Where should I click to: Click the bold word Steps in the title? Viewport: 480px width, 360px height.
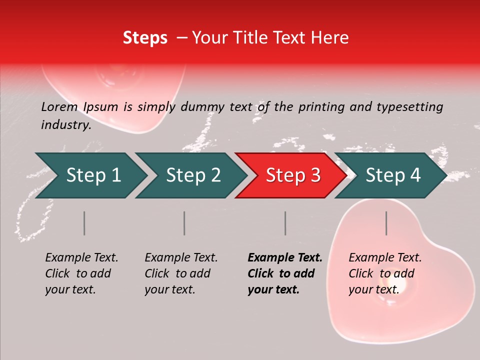coord(145,38)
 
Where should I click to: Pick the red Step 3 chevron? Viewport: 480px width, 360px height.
coord(292,175)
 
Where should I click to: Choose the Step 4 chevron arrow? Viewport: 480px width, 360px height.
coord(392,175)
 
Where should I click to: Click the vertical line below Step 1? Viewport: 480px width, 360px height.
coord(84,223)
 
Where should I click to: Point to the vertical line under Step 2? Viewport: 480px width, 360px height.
coord(184,223)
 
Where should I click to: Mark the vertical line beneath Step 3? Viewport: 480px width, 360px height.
coord(285,223)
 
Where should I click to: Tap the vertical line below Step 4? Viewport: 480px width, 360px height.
coord(386,223)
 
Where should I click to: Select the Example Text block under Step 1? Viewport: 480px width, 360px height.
coord(81,273)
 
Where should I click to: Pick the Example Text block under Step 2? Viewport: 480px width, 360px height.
coord(181,273)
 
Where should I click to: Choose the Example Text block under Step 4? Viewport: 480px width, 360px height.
coord(385,273)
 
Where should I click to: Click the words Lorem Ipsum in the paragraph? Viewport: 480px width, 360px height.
coord(79,107)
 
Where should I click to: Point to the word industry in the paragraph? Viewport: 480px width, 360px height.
coord(65,125)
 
